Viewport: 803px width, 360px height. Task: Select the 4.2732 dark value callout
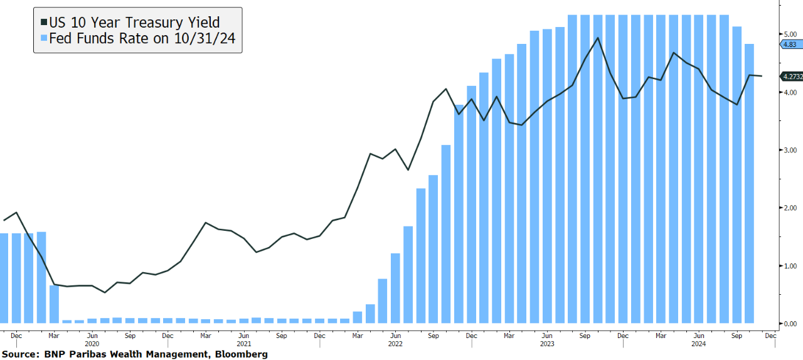(790, 77)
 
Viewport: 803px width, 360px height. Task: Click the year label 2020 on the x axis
(92, 344)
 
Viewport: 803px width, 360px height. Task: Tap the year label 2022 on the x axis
(395, 344)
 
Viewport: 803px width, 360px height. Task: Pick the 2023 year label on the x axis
(547, 344)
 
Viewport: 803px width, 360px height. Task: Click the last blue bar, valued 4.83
(749, 182)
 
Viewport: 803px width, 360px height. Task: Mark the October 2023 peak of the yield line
(597, 38)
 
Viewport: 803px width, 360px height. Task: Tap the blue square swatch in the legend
(44, 40)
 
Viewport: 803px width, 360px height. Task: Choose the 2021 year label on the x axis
(243, 344)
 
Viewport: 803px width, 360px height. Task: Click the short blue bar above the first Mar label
(55, 304)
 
